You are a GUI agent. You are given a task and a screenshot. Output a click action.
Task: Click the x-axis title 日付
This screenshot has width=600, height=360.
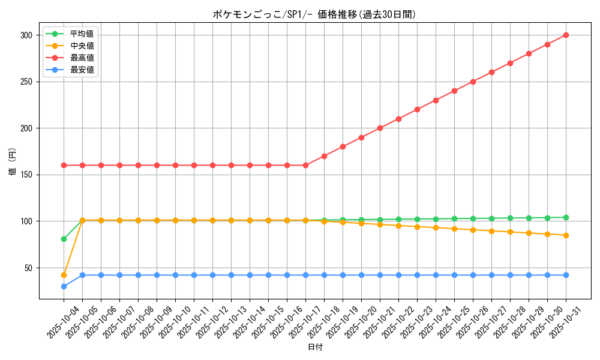coord(314,347)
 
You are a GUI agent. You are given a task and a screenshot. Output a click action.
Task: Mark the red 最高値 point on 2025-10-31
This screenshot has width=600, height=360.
coord(566,35)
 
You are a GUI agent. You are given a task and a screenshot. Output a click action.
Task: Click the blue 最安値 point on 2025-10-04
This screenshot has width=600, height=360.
coord(64,286)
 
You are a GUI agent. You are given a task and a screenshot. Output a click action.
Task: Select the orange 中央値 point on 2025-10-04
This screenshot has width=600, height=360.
coord(64,275)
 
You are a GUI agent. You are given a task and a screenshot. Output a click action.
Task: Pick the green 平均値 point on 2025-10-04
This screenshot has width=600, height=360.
coord(64,239)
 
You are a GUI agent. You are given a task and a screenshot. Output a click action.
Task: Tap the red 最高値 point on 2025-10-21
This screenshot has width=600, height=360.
coord(380,128)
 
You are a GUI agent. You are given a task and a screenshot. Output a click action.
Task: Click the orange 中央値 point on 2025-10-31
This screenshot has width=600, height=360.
coord(566,235)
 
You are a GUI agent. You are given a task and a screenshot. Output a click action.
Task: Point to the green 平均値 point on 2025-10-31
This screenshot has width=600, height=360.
coord(566,217)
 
